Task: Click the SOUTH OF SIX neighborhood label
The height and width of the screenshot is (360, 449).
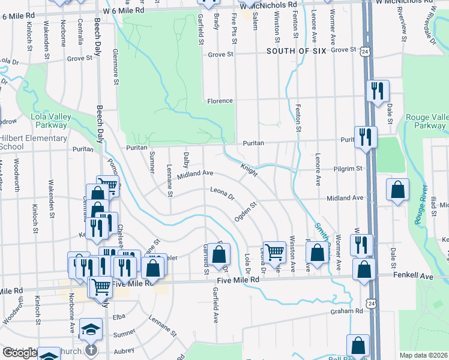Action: (x=297, y=51)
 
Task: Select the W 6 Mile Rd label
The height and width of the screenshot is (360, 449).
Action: (x=124, y=10)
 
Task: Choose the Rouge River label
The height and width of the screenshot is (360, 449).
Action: (x=420, y=206)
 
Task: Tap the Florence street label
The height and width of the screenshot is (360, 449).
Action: (x=220, y=101)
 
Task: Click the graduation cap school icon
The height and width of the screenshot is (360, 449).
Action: (x=91, y=329)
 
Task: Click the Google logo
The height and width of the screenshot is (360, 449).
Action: (x=19, y=353)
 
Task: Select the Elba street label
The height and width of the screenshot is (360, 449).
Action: (x=117, y=316)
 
